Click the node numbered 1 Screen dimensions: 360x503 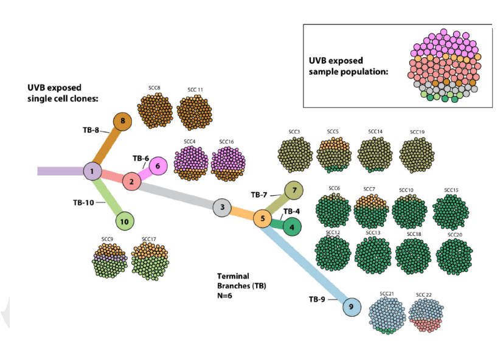[x=92, y=171]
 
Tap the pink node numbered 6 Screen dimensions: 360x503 [x=158, y=165]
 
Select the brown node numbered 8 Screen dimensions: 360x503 [x=123, y=121]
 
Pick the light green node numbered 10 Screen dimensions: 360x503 [x=124, y=221]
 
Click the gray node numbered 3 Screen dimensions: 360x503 [x=223, y=207]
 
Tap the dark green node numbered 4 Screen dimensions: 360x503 [x=292, y=227]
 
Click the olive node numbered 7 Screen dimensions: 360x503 [x=294, y=190]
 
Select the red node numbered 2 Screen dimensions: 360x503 [x=131, y=181]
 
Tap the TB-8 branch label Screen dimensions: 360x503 [x=91, y=130]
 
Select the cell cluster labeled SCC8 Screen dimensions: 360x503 [x=154, y=111]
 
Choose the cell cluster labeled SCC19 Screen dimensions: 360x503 [x=417, y=153]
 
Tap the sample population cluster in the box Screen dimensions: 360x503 [x=446, y=65]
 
